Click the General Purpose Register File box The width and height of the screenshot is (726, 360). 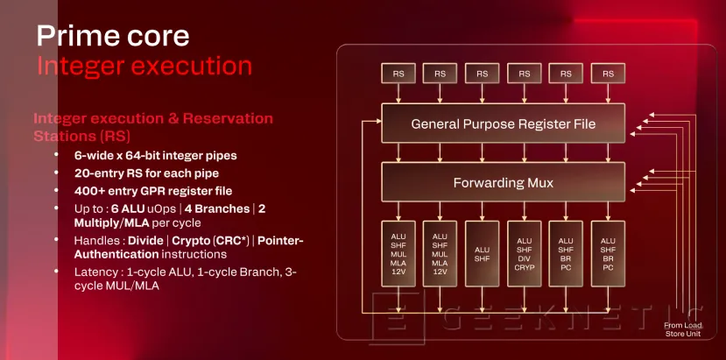(503, 124)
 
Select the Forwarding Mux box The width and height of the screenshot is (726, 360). (503, 184)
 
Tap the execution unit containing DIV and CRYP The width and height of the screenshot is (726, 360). (524, 253)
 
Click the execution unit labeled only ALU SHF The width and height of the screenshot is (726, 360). (482, 253)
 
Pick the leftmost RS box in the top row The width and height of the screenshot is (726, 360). (398, 74)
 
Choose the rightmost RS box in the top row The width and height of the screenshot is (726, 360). (608, 74)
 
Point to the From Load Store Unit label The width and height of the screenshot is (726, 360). (683, 330)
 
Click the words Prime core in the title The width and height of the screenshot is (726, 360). (112, 36)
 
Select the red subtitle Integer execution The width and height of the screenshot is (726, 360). (144, 66)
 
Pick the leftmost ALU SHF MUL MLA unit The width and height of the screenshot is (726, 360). (398, 253)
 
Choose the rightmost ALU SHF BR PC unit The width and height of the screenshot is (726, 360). (608, 253)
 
